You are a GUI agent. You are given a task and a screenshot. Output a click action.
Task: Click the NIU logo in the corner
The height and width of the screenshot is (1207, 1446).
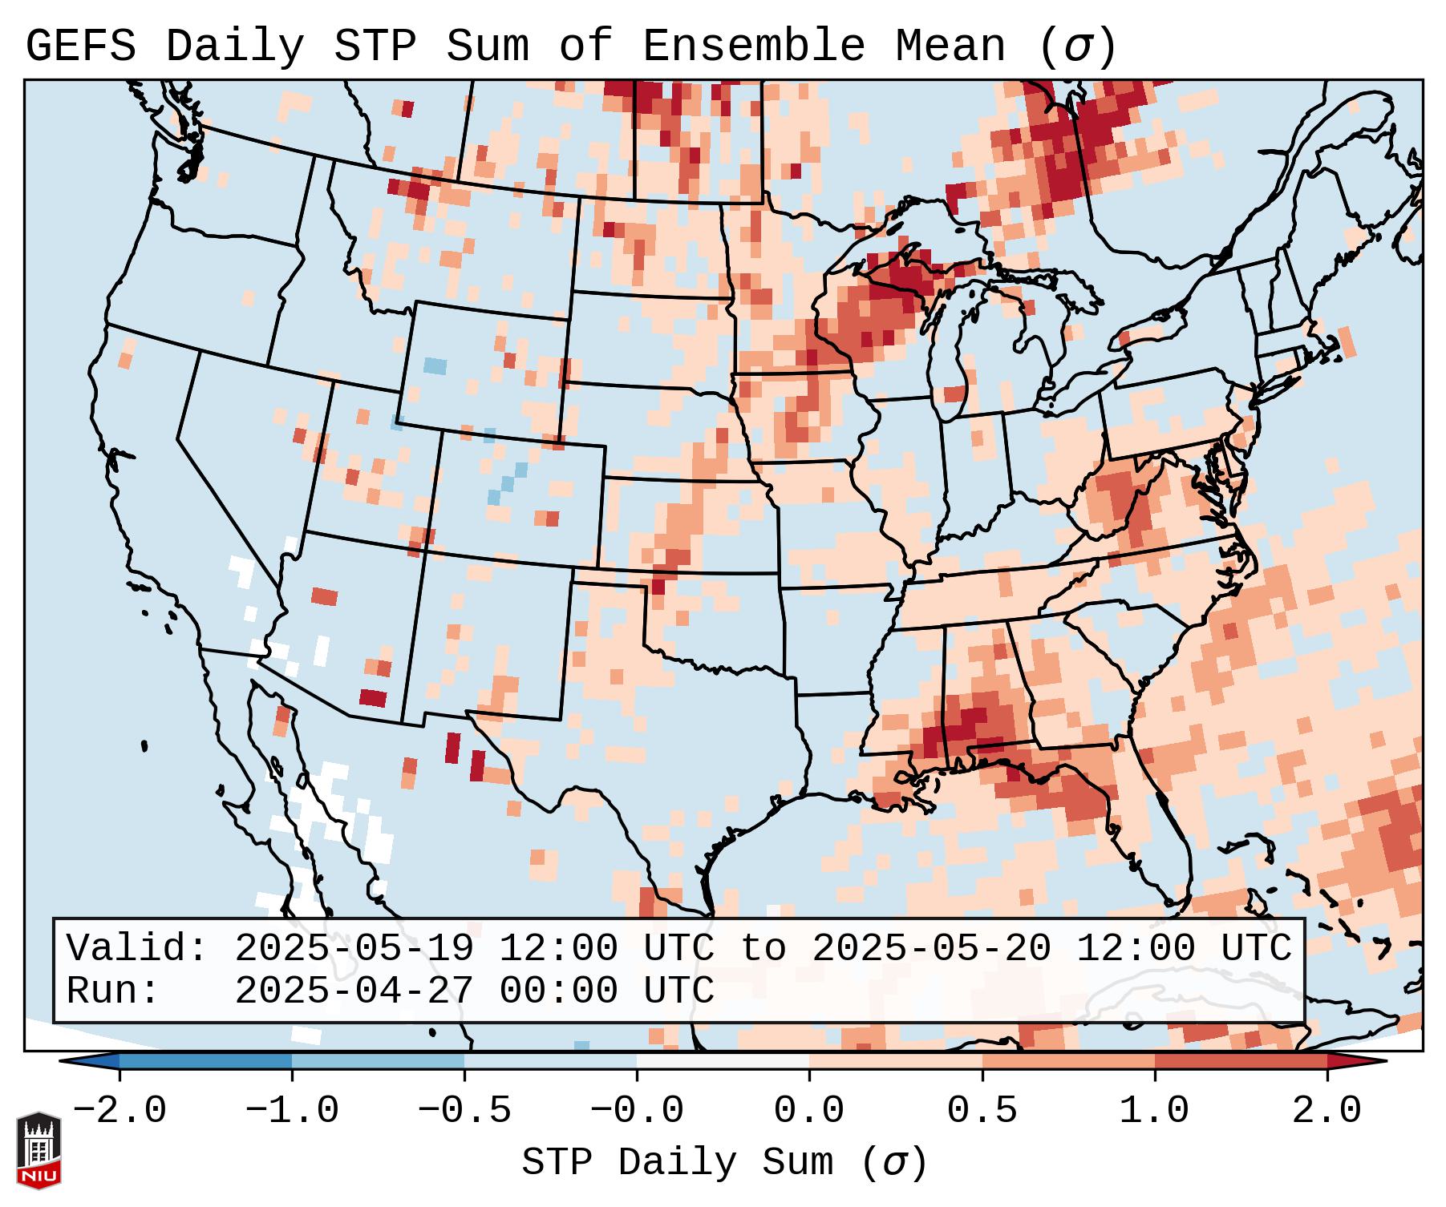pyautogui.click(x=38, y=1149)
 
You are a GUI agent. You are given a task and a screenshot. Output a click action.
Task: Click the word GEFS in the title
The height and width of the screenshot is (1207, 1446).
pyautogui.click(x=80, y=46)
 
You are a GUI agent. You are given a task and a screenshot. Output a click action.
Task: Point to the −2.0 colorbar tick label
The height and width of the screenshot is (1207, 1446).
pyautogui.click(x=119, y=1111)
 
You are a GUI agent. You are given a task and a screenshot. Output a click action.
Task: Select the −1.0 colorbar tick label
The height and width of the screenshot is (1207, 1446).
pyautogui.click(x=292, y=1111)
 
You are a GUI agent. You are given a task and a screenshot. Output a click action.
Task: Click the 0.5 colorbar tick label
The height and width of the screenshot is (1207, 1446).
pyautogui.click(x=982, y=1111)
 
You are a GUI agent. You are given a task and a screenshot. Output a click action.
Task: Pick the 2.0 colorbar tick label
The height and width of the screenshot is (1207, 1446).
pyautogui.click(x=1327, y=1111)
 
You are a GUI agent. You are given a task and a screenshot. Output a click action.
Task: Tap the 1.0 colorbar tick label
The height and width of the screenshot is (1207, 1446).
pyautogui.click(x=1154, y=1111)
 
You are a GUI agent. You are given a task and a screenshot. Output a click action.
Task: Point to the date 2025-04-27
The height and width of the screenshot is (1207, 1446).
pyautogui.click(x=354, y=991)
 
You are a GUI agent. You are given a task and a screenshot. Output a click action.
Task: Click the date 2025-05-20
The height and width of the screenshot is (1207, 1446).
pyautogui.click(x=931, y=948)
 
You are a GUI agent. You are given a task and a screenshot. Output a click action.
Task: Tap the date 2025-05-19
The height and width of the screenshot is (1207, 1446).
pyautogui.click(x=354, y=948)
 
